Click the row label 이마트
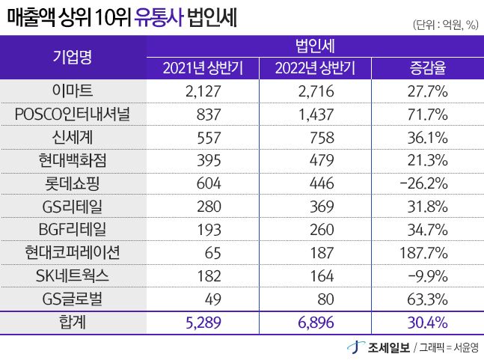coord(73,92)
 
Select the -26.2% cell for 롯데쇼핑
coord(425,183)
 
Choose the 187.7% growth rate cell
coord(424,252)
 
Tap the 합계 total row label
coord(73,323)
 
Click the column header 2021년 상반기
coord(204,70)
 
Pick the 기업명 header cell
coord(73,58)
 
